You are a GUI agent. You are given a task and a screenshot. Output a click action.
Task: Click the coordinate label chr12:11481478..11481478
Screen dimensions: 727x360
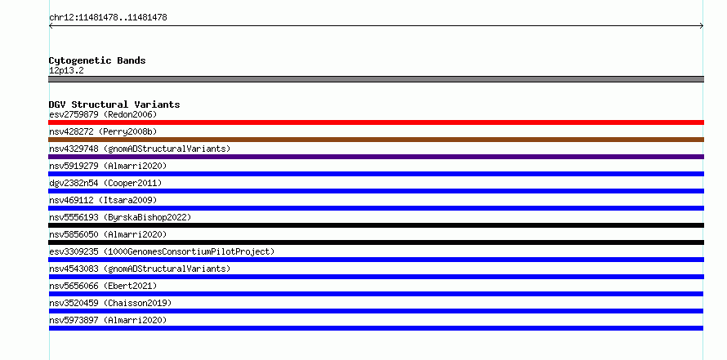click(x=108, y=18)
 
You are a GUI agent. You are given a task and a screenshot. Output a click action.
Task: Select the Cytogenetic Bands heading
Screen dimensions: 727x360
click(x=97, y=60)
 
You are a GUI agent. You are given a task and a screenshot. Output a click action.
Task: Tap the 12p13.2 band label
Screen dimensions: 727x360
click(x=66, y=71)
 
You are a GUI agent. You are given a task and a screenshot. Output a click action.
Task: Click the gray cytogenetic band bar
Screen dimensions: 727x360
click(x=376, y=79)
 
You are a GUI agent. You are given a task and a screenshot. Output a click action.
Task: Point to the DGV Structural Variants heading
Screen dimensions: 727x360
click(x=114, y=104)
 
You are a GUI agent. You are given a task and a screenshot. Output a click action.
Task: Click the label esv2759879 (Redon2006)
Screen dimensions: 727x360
click(x=103, y=114)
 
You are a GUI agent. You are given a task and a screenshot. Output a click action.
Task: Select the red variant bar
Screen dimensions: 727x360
click(x=376, y=122)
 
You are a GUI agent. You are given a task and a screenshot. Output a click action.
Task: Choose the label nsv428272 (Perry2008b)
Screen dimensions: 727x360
click(x=103, y=131)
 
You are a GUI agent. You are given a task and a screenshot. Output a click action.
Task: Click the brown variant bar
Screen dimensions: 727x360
click(x=376, y=140)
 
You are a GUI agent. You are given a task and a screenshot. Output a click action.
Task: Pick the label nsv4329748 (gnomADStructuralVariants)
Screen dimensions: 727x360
click(x=140, y=149)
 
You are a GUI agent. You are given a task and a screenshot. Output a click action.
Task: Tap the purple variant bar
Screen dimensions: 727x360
click(x=376, y=157)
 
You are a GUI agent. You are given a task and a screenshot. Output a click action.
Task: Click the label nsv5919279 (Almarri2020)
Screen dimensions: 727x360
click(x=108, y=166)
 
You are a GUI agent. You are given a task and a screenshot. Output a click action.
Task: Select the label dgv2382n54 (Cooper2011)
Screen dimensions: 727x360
click(x=105, y=183)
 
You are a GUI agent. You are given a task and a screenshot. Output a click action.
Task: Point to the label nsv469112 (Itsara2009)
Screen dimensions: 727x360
click(x=103, y=200)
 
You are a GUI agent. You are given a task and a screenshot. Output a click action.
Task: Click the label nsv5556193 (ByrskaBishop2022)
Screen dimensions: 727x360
click(x=120, y=217)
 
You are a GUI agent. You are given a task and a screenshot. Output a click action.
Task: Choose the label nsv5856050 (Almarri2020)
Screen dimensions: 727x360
click(x=108, y=234)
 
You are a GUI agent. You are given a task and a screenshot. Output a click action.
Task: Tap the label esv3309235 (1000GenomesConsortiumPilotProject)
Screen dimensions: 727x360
click(x=162, y=251)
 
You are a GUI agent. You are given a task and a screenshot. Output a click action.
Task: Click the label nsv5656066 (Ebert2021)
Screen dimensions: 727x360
click(x=103, y=286)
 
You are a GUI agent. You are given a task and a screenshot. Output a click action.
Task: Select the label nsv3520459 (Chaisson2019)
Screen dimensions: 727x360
click(x=110, y=303)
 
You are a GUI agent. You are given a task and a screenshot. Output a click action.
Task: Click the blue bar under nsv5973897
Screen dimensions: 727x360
click(x=376, y=328)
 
